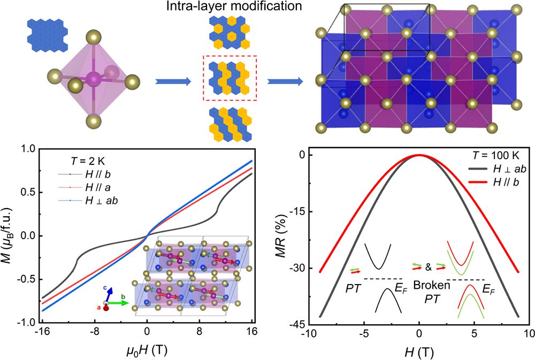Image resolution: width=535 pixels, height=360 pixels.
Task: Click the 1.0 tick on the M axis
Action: tap(28, 149)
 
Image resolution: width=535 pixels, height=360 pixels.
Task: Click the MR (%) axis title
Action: tap(286, 238)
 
